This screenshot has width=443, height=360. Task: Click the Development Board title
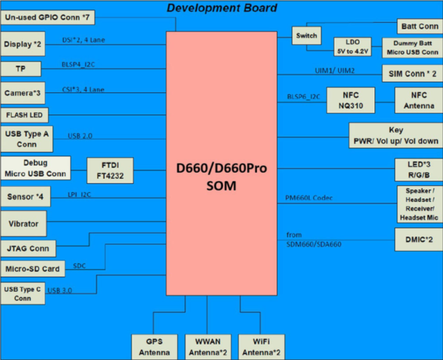point(221,8)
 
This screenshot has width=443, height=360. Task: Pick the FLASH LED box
point(25,115)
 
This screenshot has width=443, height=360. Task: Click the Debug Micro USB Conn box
point(35,167)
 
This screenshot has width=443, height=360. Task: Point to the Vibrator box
point(24,222)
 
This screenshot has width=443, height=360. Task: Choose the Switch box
point(306,36)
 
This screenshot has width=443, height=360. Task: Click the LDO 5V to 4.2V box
point(351,47)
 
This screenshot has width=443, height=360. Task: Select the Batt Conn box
point(417,26)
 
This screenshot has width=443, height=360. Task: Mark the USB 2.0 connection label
point(80,136)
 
